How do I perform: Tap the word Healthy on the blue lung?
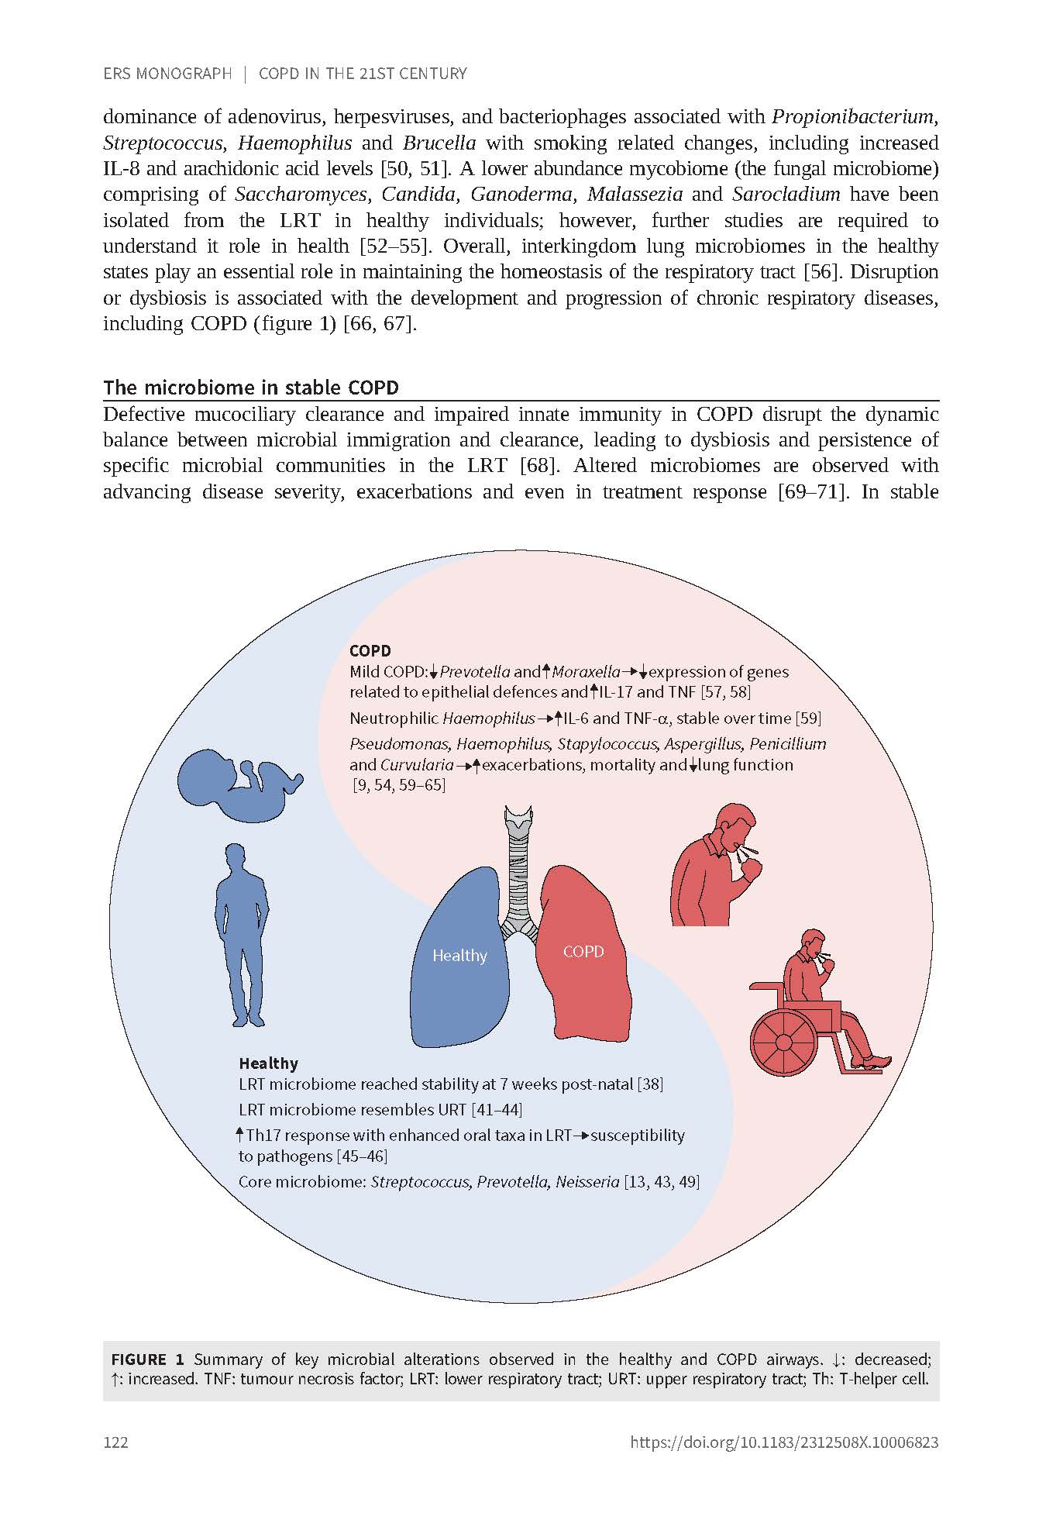tap(459, 956)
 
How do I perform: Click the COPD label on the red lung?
tap(583, 952)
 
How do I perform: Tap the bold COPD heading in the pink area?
tap(370, 651)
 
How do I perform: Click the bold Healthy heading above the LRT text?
tap(268, 1063)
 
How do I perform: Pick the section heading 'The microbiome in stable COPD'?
tap(251, 388)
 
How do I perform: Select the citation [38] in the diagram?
tap(649, 1084)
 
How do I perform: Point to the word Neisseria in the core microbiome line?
tap(587, 1182)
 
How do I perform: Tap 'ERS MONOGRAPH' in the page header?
tap(167, 74)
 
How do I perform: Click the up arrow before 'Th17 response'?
tap(240, 1135)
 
